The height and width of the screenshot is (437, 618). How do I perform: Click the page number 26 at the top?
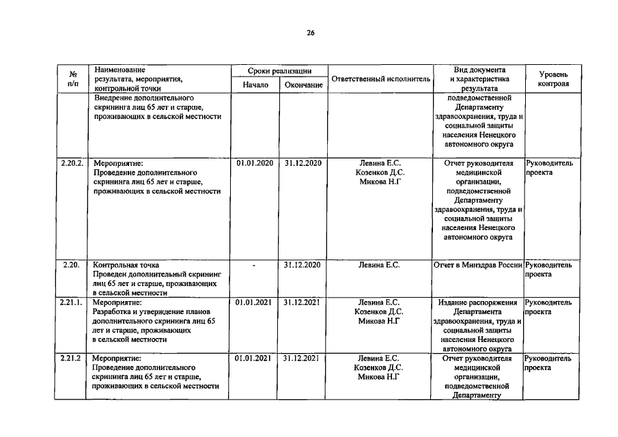[310, 33]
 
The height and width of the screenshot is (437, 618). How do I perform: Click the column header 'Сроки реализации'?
[280, 71]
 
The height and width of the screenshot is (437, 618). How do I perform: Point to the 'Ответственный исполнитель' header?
[380, 79]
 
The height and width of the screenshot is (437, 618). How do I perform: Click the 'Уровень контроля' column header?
[552, 79]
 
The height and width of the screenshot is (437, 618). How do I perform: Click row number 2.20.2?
[72, 163]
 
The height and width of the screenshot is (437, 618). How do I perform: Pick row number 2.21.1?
[72, 302]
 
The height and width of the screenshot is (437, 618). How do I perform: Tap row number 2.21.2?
[72, 358]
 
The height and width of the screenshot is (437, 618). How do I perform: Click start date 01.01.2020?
[255, 163]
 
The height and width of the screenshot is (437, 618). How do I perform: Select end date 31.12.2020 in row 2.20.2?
[303, 163]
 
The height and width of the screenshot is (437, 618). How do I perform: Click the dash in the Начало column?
[255, 265]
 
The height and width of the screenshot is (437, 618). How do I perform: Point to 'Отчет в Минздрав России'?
[478, 265]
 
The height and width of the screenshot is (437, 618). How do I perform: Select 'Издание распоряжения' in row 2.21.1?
[478, 302]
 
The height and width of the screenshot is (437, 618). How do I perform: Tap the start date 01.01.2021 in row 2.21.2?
[255, 358]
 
